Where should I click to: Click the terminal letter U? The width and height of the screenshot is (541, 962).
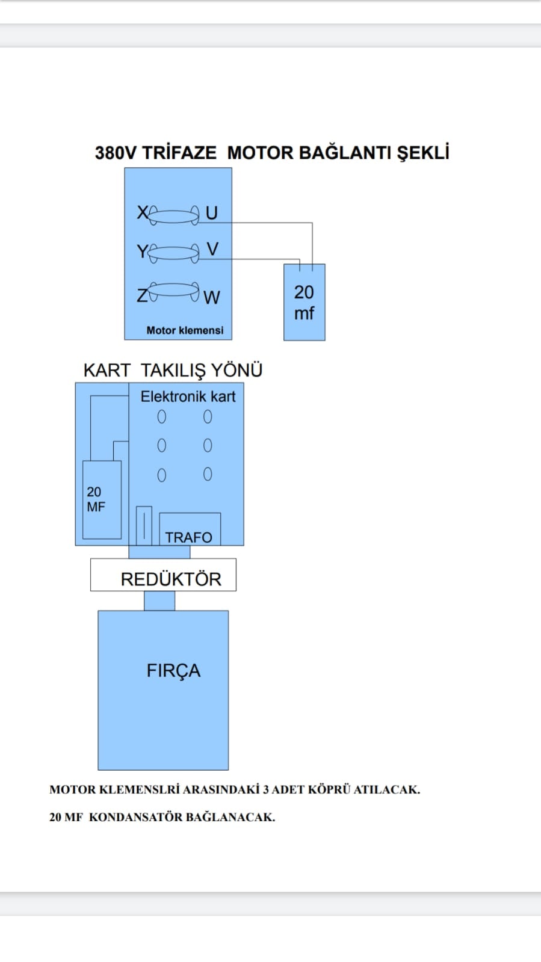[211, 212]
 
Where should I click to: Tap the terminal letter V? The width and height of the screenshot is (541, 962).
[212, 248]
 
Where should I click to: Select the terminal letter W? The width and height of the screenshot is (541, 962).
[212, 297]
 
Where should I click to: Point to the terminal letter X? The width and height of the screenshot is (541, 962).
[143, 212]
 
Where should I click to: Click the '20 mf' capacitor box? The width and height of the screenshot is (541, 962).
[305, 302]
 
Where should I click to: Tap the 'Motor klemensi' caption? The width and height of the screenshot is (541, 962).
[185, 330]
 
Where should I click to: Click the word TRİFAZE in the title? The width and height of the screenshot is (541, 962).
[179, 153]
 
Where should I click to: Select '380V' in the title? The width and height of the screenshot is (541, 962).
[116, 153]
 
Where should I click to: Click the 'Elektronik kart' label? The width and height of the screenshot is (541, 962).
[188, 396]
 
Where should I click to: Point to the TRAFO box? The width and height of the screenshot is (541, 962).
[190, 529]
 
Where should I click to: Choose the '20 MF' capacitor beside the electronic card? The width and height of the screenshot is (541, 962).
[102, 499]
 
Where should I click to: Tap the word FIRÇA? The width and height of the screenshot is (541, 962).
[173, 670]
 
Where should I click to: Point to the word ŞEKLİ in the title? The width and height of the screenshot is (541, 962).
[423, 153]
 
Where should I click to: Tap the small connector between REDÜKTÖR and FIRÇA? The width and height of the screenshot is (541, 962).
[159, 600]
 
